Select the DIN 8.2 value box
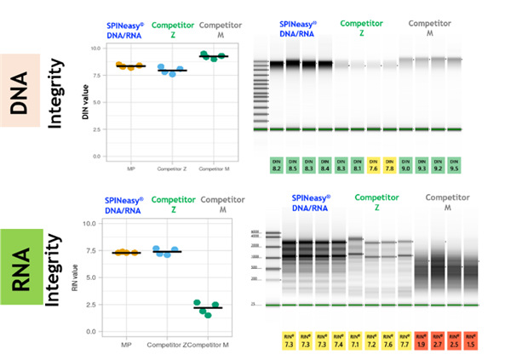tap(277, 166)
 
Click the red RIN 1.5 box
tap(469, 340)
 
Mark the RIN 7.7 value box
tap(405, 340)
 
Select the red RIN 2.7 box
tap(437, 340)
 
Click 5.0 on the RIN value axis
tap(111, 277)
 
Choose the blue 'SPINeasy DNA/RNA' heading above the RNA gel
tap(304, 203)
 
